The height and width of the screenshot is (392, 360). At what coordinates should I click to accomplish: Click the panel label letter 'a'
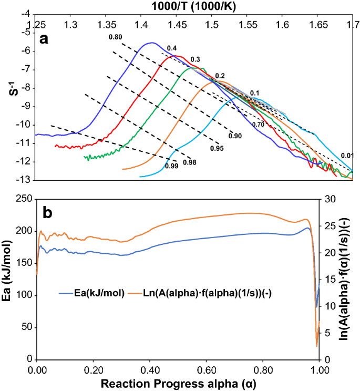click(x=44, y=38)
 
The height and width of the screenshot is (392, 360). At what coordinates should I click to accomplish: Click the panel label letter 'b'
click(x=47, y=213)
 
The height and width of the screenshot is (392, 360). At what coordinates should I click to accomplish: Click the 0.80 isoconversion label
click(x=115, y=37)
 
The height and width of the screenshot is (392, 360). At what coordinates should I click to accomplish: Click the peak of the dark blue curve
click(x=152, y=43)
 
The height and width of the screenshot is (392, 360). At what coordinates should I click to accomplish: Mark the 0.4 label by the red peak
click(x=172, y=48)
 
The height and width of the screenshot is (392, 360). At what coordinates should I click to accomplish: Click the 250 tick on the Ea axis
click(x=23, y=199)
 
